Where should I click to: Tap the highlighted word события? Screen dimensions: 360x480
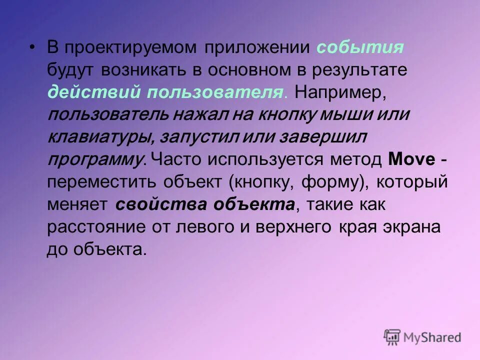click(x=360, y=48)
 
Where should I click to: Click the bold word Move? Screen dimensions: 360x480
click(x=411, y=159)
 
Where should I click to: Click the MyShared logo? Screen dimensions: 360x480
click(x=422, y=337)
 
